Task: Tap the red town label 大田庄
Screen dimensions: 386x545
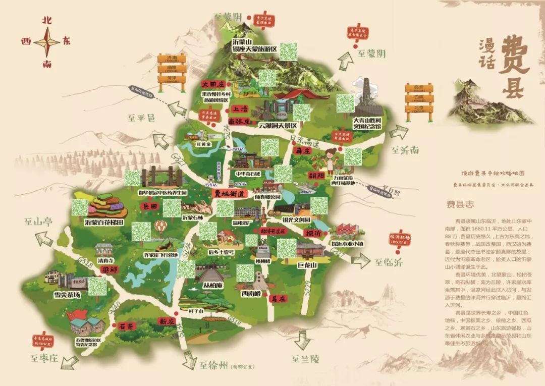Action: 212,84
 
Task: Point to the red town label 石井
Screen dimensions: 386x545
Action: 126,326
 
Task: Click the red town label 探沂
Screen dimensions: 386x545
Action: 313,234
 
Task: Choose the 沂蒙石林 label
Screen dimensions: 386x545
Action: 192,218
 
